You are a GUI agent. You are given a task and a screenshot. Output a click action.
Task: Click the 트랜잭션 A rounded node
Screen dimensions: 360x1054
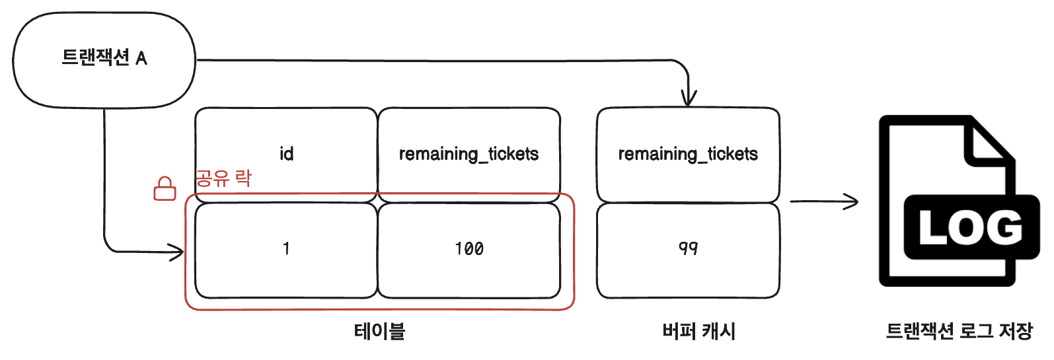click(x=104, y=59)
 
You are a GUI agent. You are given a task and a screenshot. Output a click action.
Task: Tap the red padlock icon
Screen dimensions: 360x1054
click(x=165, y=189)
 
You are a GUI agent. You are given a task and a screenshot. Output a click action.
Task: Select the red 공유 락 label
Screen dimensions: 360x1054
click(x=223, y=178)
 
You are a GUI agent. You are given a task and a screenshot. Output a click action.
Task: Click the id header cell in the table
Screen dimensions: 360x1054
click(x=286, y=154)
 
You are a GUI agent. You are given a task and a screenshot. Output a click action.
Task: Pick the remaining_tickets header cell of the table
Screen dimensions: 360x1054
click(x=469, y=154)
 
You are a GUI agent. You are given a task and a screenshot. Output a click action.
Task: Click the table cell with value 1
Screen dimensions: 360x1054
click(x=286, y=249)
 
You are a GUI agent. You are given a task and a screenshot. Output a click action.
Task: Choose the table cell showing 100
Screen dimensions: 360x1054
click(x=469, y=249)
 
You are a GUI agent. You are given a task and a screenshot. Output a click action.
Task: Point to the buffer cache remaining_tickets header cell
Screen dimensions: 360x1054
click(x=688, y=154)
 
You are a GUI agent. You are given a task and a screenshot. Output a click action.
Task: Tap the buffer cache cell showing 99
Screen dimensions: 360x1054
click(x=688, y=249)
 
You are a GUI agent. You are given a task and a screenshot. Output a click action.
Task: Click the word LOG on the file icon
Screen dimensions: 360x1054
click(x=970, y=228)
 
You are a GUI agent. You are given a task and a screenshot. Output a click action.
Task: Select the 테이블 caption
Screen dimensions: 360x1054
click(x=379, y=331)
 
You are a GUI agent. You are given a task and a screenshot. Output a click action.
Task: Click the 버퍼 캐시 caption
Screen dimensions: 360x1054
click(x=698, y=331)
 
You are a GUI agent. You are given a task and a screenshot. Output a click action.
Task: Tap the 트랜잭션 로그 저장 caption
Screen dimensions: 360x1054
click(x=959, y=331)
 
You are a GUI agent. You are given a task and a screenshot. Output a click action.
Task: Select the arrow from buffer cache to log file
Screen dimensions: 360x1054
click(x=824, y=201)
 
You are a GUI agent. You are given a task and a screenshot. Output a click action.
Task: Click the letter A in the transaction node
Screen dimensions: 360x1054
click(x=141, y=59)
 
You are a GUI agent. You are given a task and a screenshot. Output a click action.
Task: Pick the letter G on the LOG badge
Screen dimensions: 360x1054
click(x=1005, y=228)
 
